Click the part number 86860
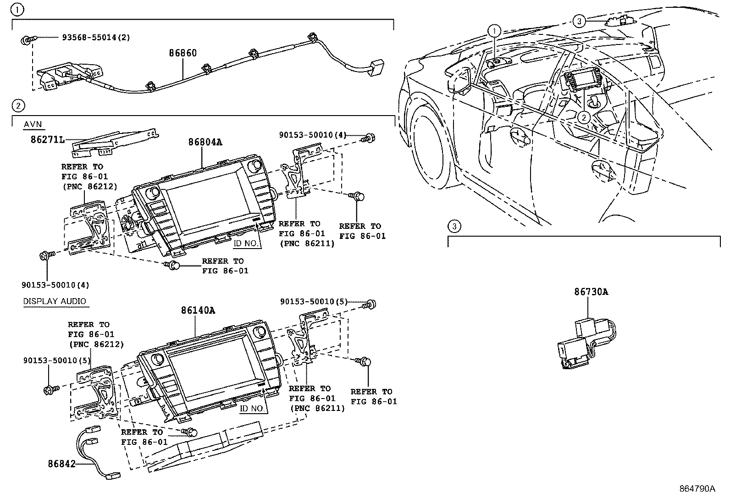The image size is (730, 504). pos(182,53)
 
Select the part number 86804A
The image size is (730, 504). pos(205,142)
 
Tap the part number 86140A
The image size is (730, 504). pos(198,310)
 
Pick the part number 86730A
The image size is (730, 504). pos(591,292)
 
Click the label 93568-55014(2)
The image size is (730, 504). pos(96,38)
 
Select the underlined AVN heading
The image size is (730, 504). pos(32,124)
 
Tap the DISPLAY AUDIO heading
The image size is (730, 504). pos(55,301)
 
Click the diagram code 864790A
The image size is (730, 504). pos(697,488)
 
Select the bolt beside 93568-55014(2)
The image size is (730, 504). pos(26,41)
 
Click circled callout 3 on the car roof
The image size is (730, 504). pos(579,21)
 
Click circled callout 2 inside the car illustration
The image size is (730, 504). pos(583,117)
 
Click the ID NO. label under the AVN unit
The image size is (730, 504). pos(246,243)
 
